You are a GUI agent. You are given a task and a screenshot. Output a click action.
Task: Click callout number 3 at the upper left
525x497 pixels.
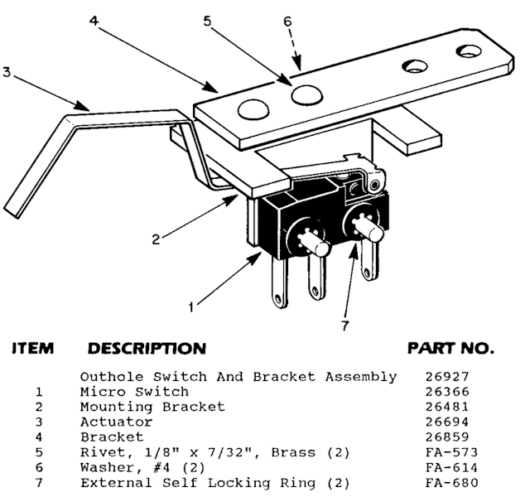[x=7, y=73]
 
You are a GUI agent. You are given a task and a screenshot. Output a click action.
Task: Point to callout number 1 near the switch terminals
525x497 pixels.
[x=192, y=306]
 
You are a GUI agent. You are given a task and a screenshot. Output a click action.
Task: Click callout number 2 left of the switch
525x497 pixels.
[x=155, y=239]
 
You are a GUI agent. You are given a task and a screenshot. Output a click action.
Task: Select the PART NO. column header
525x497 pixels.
[x=450, y=348]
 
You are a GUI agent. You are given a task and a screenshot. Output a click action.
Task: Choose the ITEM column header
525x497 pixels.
[x=34, y=348]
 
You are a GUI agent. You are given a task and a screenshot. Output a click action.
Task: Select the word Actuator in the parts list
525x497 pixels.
[x=112, y=422]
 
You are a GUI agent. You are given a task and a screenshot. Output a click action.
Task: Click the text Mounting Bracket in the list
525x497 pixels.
[x=152, y=408]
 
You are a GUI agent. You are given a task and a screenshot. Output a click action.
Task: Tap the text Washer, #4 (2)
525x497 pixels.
[x=137, y=468]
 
